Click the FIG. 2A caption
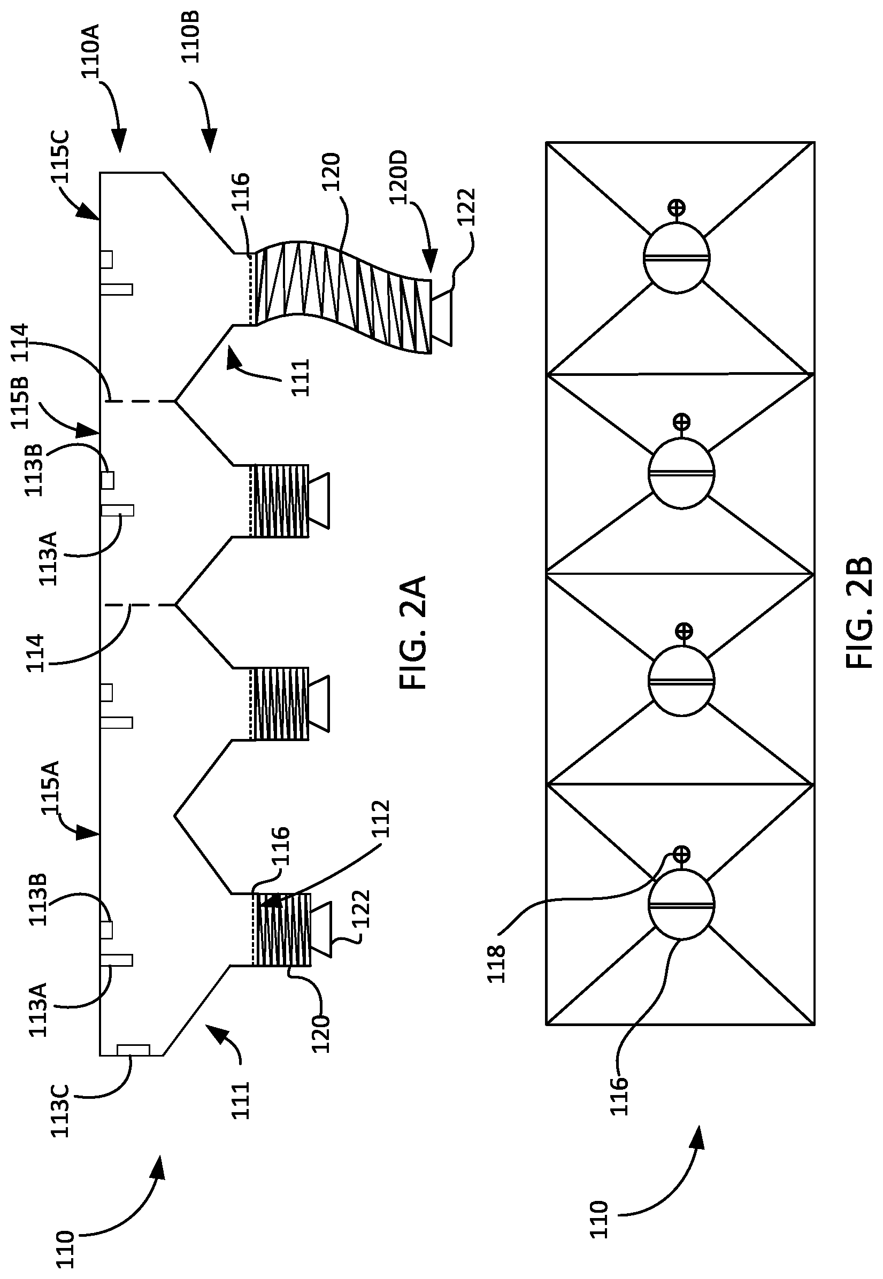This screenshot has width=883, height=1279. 413,632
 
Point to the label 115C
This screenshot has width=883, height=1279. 59,157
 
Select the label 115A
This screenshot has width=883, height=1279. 51,788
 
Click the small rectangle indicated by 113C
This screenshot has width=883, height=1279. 133,1049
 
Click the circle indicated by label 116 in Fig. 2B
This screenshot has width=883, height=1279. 681,905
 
